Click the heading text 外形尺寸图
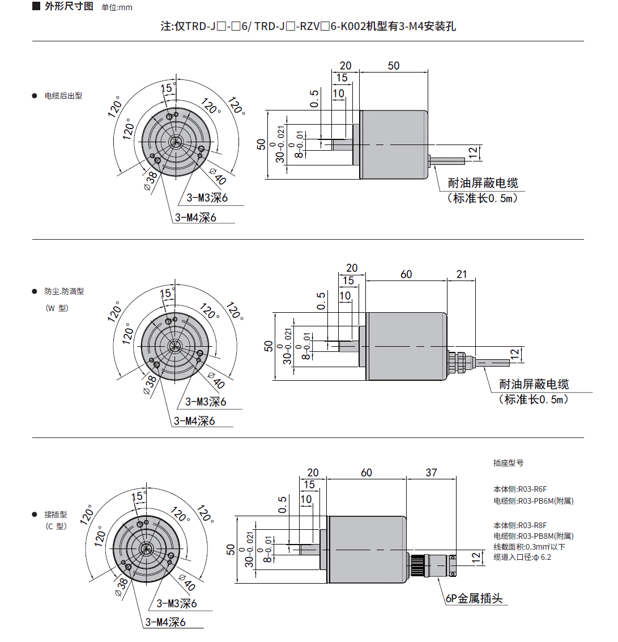[69, 7]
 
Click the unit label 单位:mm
[117, 8]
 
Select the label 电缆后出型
[63, 96]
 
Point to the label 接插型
[56, 515]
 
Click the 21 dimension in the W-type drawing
[462, 274]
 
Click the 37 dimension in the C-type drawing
[431, 473]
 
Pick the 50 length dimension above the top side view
[393, 66]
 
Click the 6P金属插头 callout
[474, 598]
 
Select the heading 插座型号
[508, 463]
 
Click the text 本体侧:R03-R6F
[520, 489]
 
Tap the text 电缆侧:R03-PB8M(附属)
[533, 536]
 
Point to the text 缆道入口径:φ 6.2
[522, 557]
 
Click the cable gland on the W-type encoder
[458, 362]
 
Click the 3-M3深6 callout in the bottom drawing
[177, 603]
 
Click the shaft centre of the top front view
[176, 141]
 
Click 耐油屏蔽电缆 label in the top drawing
[483, 183]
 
